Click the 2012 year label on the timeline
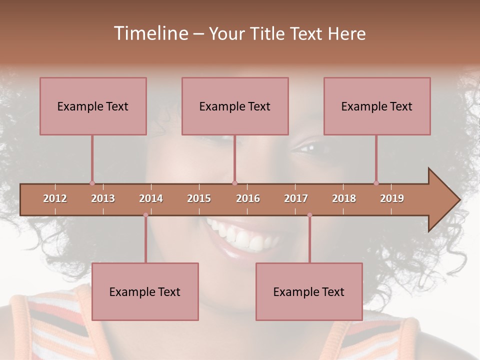coord(55,198)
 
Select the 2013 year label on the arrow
coord(103,198)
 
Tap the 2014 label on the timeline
coord(151,198)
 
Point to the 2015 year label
coord(199,198)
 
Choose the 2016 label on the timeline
coord(248,198)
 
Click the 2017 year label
coord(296,198)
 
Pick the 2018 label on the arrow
coord(344,198)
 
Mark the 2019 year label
coord(392,198)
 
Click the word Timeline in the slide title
coord(150,33)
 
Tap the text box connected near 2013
coord(93,106)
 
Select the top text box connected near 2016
coord(235,106)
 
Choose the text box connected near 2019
coord(377,106)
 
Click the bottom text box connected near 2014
coord(145,291)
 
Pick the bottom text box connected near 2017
coord(309,291)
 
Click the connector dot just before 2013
coord(92,183)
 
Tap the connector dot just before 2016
coord(234,183)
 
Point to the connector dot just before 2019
coord(376,183)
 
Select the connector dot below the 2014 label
coord(145,215)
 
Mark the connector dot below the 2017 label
coord(309,215)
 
